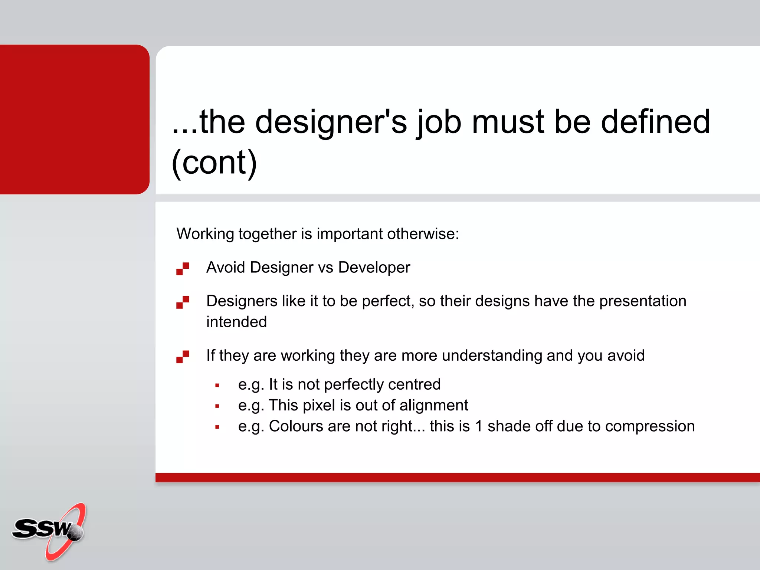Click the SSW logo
tap(48, 531)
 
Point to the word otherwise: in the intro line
tap(423, 234)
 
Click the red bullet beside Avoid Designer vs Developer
tap(183, 268)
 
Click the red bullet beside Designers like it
tap(183, 302)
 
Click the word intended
tap(237, 322)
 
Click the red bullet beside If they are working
tap(183, 356)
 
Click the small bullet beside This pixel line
tap(217, 406)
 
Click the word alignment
tap(433, 405)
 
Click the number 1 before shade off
tap(479, 426)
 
